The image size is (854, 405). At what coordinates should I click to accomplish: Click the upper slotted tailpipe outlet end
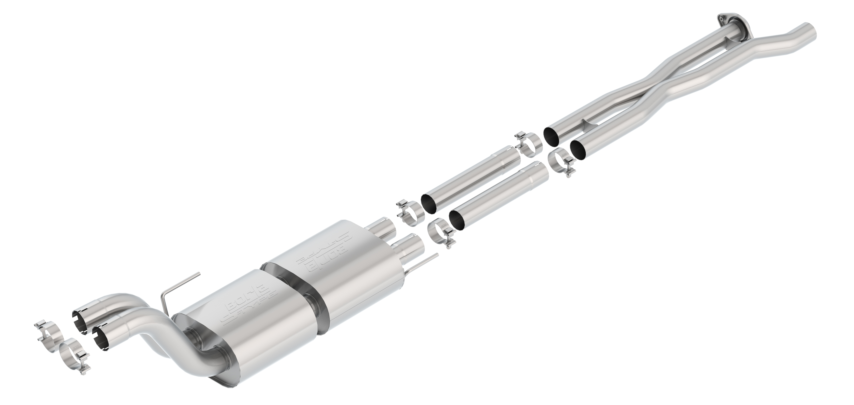(x=80, y=320)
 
